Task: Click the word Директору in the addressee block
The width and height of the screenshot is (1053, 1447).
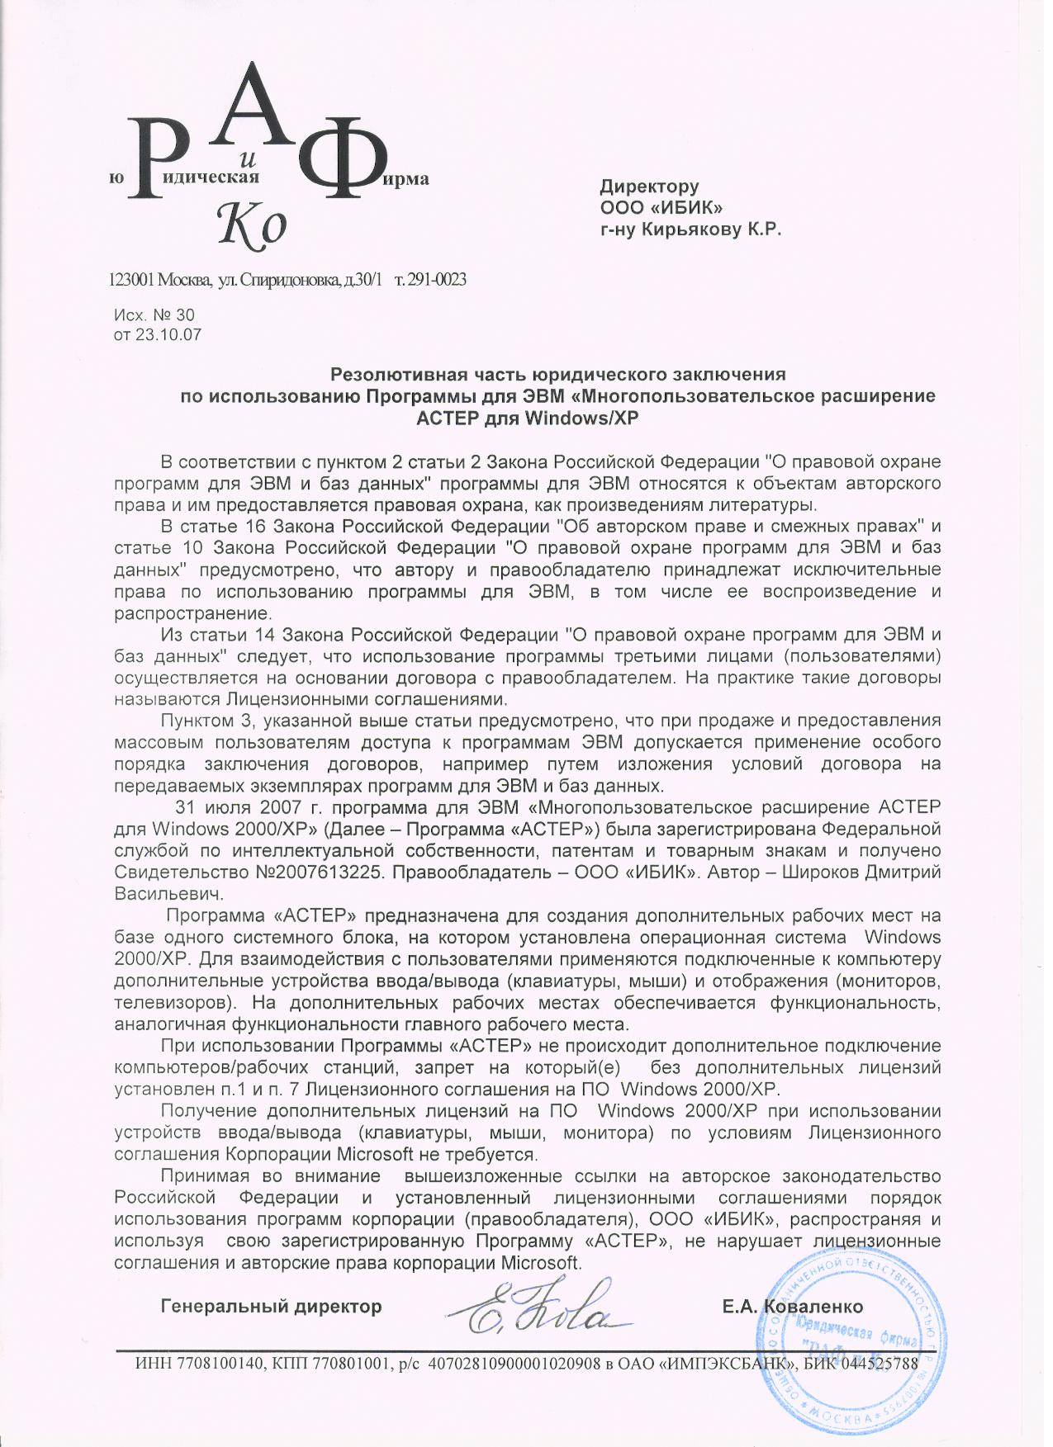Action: point(648,187)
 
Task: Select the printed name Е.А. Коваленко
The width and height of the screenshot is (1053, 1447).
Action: point(791,1307)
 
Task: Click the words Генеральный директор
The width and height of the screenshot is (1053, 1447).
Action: point(271,1307)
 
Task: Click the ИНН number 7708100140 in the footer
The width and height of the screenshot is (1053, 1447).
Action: point(216,1363)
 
